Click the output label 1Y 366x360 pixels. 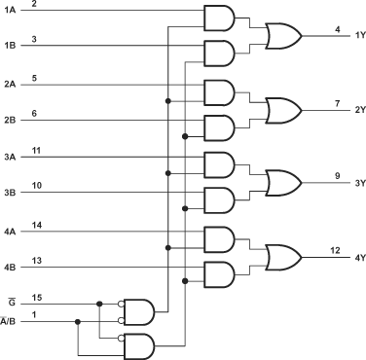[356, 36]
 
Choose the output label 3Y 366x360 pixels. [356, 182]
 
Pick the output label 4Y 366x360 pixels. [356, 256]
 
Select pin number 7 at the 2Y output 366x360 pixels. [335, 101]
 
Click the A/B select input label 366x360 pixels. [9, 321]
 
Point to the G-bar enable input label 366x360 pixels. [9, 303]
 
